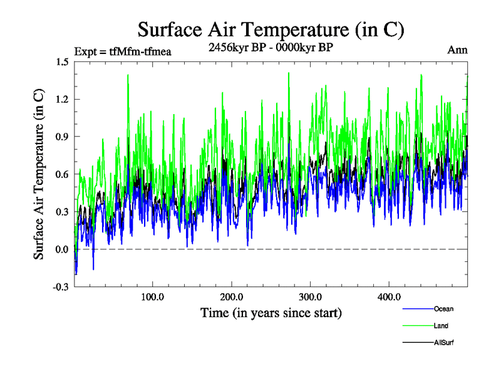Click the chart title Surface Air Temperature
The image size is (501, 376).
(x=271, y=30)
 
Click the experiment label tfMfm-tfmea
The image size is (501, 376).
(x=123, y=51)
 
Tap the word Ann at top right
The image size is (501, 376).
(x=457, y=50)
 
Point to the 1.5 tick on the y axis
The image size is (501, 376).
(x=62, y=61)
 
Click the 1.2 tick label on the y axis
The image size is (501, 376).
(x=62, y=99)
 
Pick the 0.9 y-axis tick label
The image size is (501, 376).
(x=62, y=137)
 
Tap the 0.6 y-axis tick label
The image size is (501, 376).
(x=62, y=174)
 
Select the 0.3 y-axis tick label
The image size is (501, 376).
(x=62, y=212)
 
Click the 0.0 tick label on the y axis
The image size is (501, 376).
(x=62, y=249)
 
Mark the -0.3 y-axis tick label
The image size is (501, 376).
(x=61, y=287)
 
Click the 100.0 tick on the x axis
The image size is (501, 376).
(x=153, y=296)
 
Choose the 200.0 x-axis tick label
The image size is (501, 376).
(x=232, y=296)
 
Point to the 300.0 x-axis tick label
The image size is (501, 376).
(x=311, y=296)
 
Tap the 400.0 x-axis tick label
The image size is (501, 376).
(x=390, y=296)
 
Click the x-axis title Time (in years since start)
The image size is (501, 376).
(x=271, y=312)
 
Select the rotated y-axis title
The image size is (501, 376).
(x=39, y=174)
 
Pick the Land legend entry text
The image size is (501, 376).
(x=441, y=326)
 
